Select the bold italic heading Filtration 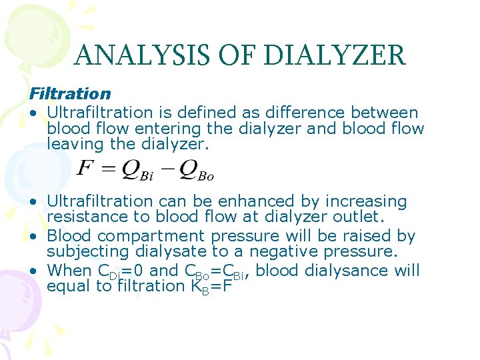pos(69,94)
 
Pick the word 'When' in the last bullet pos(69,270)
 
